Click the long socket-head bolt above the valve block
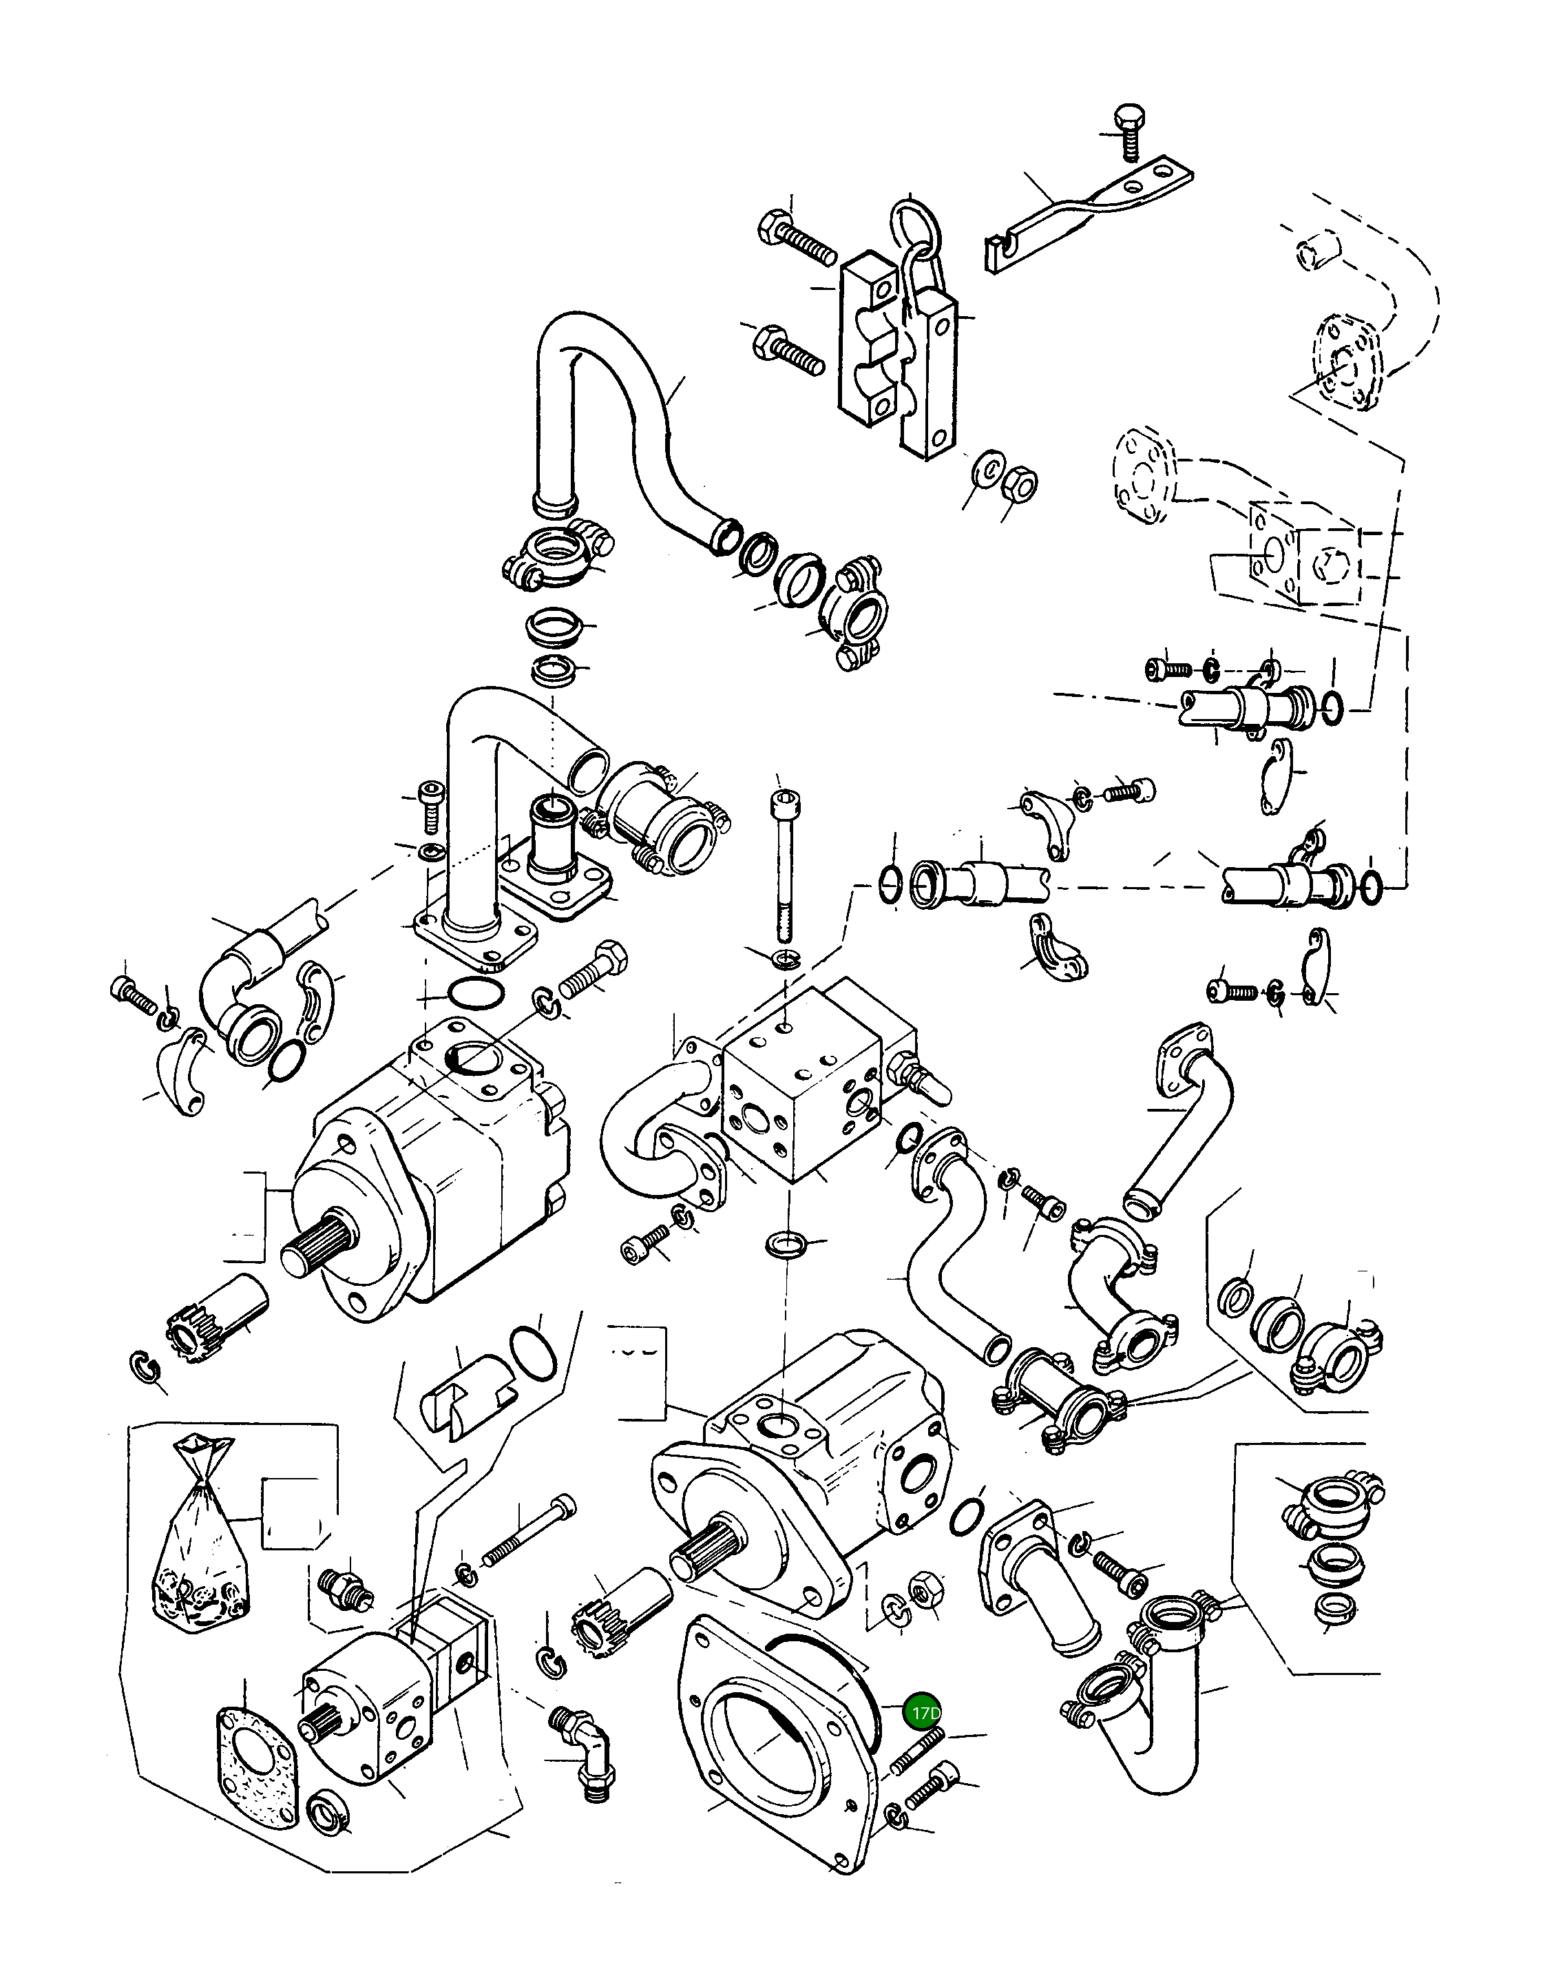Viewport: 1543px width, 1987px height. (784, 865)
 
